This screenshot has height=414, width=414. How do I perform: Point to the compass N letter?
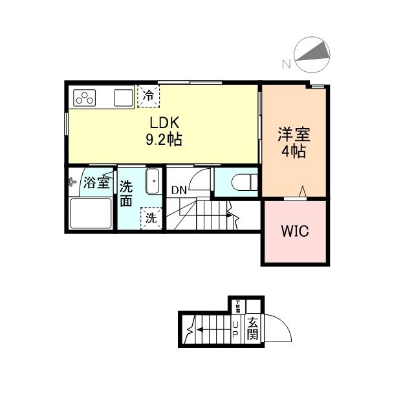pos(285,63)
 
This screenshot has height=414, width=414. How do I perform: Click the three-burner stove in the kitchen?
pos(86,98)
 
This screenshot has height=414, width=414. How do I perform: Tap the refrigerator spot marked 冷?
pos(149,95)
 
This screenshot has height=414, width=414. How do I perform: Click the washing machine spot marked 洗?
pos(150,219)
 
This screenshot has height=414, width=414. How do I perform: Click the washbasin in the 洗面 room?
pos(153,180)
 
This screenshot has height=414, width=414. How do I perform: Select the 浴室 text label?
pos(97,182)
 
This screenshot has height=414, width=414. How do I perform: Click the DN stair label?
pos(179,191)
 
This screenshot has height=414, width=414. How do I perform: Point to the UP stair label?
pos(235,329)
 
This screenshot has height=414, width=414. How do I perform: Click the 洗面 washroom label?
pos(127,192)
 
